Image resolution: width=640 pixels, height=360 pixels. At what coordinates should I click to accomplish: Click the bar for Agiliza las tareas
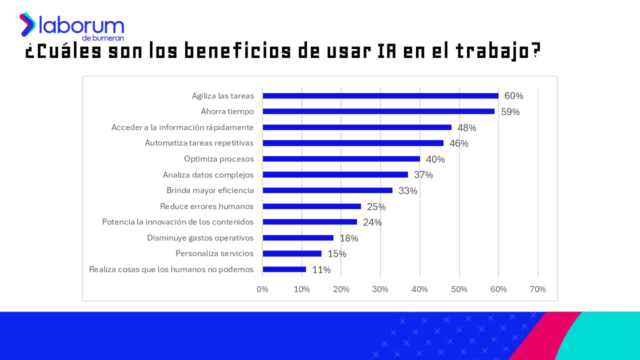[x=380, y=96]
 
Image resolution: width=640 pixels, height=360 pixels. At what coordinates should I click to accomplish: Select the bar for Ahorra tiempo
[x=378, y=111]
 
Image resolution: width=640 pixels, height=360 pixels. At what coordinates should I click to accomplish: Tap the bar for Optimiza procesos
[x=341, y=159]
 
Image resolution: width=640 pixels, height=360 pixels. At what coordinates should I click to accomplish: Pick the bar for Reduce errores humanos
[x=311, y=206]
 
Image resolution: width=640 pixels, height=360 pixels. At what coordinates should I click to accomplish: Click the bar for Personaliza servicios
[x=292, y=253]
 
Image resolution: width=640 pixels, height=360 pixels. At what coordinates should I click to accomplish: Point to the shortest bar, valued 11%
[x=284, y=269]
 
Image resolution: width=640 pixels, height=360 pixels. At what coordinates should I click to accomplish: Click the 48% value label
[x=466, y=128]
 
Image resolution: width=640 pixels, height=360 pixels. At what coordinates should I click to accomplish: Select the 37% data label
[x=423, y=175]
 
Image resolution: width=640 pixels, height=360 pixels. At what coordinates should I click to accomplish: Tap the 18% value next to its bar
[x=349, y=238]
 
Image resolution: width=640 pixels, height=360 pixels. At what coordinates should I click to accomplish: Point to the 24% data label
[x=372, y=222]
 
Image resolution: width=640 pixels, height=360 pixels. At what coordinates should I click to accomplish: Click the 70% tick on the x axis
[x=537, y=289]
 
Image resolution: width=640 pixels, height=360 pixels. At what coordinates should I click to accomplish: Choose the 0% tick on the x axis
[x=262, y=289]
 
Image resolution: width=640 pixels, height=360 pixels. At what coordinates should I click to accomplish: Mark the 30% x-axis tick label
[x=380, y=289]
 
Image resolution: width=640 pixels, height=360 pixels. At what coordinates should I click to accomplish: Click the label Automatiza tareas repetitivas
[x=199, y=143]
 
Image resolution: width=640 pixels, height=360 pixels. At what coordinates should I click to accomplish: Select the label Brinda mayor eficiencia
[x=210, y=190]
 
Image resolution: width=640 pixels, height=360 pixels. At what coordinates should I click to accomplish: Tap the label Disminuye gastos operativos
[x=200, y=238]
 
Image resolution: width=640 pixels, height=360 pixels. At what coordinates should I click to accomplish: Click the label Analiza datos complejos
[x=208, y=175]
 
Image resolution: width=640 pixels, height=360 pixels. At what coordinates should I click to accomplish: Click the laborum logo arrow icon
[x=27, y=24]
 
